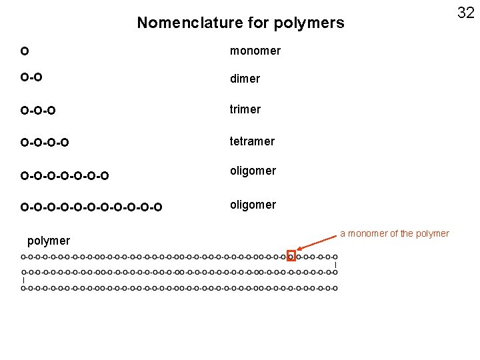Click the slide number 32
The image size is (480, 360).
tap(465, 12)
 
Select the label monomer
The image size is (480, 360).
tap(255, 51)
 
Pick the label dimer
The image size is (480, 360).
tap(245, 79)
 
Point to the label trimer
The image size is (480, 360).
tap(245, 109)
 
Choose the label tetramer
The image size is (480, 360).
tap(252, 141)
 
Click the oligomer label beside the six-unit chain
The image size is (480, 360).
tap(253, 171)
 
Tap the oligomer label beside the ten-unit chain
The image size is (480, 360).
tap(253, 205)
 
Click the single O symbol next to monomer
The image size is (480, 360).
tap(25, 51)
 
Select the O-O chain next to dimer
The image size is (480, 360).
tap(31, 79)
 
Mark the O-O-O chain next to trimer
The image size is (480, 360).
tap(38, 110)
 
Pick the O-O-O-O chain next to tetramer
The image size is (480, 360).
tap(45, 142)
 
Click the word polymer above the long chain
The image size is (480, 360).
tap(49, 241)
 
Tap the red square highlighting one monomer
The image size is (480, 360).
tap(291, 256)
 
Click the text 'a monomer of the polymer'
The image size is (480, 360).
tap(395, 233)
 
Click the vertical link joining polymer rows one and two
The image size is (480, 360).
tap(335, 265)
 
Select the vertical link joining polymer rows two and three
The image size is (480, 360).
tap(23, 281)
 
